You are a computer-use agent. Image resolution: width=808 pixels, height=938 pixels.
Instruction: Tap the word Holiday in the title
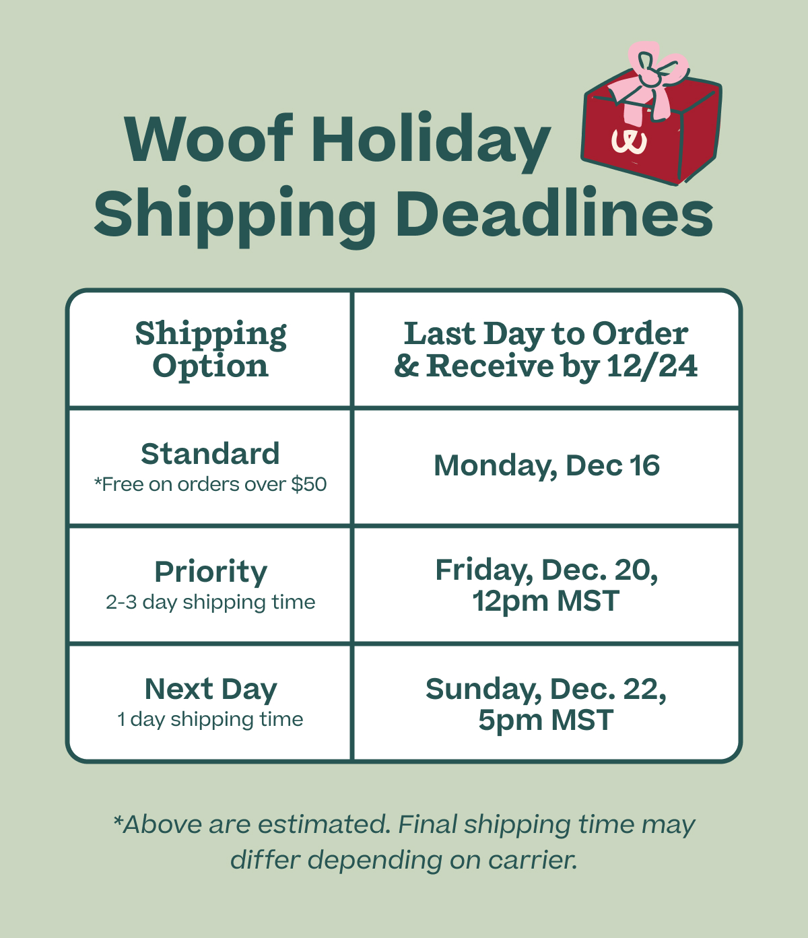(x=431, y=140)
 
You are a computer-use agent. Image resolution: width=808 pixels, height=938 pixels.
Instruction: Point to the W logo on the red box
(x=629, y=140)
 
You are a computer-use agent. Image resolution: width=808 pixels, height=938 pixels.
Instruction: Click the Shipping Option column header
(x=211, y=349)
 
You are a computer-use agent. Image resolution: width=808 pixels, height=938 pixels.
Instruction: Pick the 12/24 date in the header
(x=652, y=366)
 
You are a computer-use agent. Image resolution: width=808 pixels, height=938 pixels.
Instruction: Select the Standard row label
(x=210, y=454)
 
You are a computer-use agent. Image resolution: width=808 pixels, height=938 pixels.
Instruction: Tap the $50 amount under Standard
(x=309, y=484)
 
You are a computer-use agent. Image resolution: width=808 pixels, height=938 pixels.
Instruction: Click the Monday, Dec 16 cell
(x=547, y=466)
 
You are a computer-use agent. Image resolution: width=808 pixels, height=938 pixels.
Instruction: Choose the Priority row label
(x=211, y=572)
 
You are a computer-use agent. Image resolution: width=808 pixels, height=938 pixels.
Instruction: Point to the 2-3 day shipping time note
(x=211, y=602)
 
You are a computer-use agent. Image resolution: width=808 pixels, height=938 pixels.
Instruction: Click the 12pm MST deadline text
(x=546, y=601)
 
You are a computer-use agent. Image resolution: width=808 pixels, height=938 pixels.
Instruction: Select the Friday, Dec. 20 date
(x=547, y=570)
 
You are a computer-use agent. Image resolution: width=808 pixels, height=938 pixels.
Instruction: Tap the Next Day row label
(x=211, y=690)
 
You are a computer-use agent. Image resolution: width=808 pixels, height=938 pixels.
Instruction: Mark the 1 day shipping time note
(x=211, y=719)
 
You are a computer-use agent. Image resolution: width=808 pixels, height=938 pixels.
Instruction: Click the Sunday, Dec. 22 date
(x=546, y=689)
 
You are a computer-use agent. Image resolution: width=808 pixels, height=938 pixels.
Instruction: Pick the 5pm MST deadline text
(x=546, y=720)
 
